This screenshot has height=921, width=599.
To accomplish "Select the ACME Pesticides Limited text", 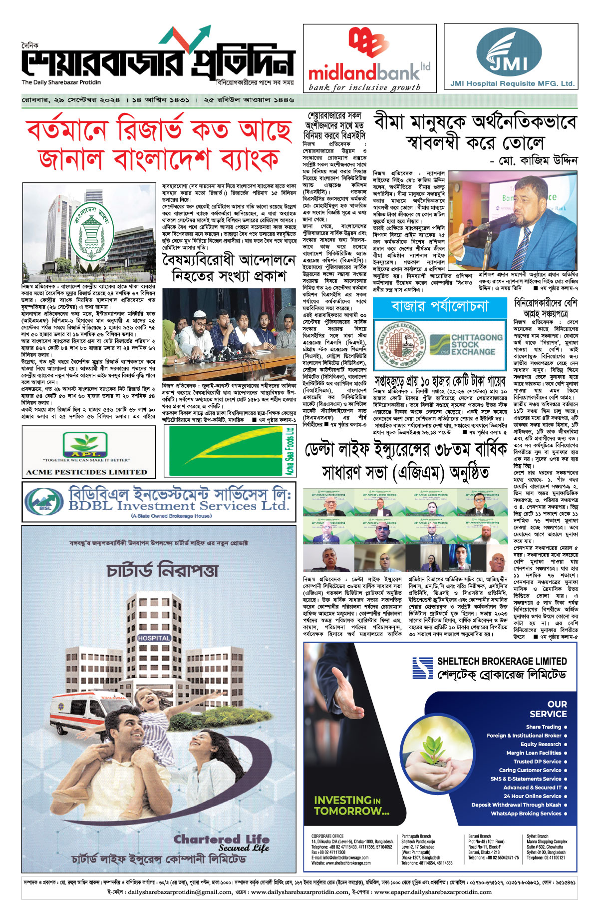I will (86, 472).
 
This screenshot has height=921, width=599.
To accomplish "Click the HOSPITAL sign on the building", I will (154, 638).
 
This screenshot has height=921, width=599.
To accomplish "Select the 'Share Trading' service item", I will (544, 727).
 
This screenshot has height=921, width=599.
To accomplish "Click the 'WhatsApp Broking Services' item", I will (526, 814).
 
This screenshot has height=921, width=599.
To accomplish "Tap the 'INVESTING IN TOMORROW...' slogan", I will (351, 805).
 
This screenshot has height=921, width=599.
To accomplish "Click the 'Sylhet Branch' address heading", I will (538, 836).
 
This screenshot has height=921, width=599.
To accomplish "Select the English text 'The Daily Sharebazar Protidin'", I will (61, 82).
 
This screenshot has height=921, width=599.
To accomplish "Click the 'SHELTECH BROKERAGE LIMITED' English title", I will (502, 661).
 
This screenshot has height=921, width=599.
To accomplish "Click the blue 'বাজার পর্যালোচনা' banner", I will (439, 306).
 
